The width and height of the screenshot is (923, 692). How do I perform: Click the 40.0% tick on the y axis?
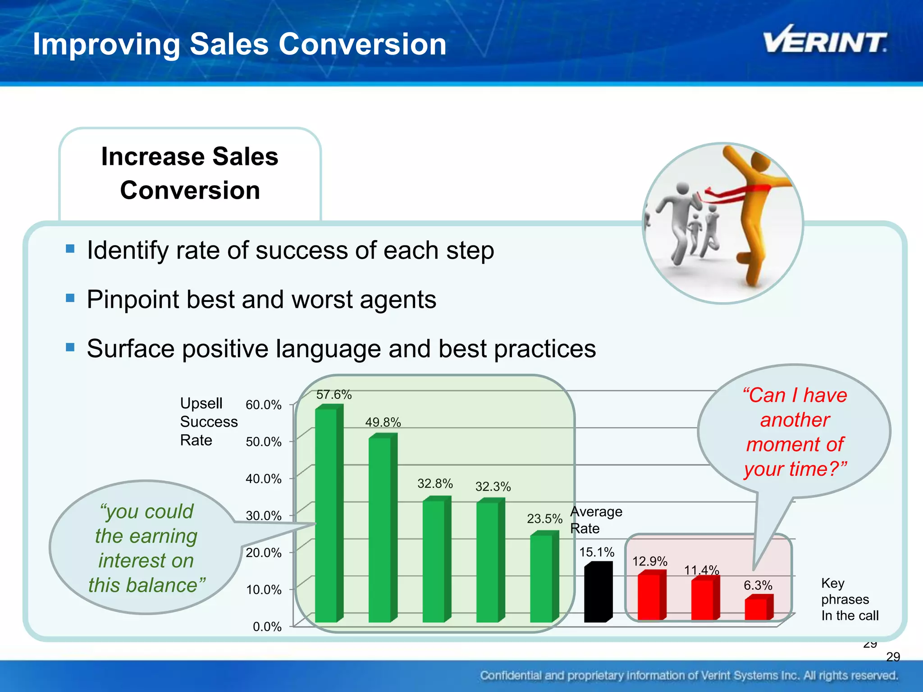[x=264, y=479]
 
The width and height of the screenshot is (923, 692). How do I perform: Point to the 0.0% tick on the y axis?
[x=267, y=627]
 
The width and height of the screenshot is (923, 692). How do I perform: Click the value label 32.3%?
[x=493, y=487]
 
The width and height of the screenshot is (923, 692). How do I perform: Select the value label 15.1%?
[x=597, y=552]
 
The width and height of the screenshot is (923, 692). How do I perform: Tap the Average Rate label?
[x=595, y=520]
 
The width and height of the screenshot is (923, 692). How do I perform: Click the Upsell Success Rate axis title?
[x=208, y=422]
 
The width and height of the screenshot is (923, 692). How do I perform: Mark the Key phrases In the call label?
[x=849, y=599]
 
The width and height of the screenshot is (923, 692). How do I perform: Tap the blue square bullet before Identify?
[x=70, y=249]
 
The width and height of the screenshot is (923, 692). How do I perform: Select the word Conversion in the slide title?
[x=362, y=44]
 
